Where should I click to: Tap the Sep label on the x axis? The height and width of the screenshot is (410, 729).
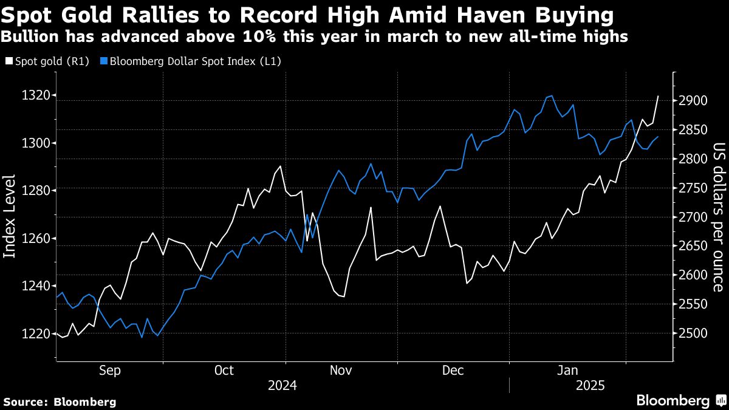(x=109, y=370)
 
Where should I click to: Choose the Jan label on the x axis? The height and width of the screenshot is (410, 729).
(x=568, y=370)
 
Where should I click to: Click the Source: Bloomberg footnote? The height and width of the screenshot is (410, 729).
(x=60, y=401)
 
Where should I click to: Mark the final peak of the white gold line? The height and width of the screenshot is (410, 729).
(x=659, y=96)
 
